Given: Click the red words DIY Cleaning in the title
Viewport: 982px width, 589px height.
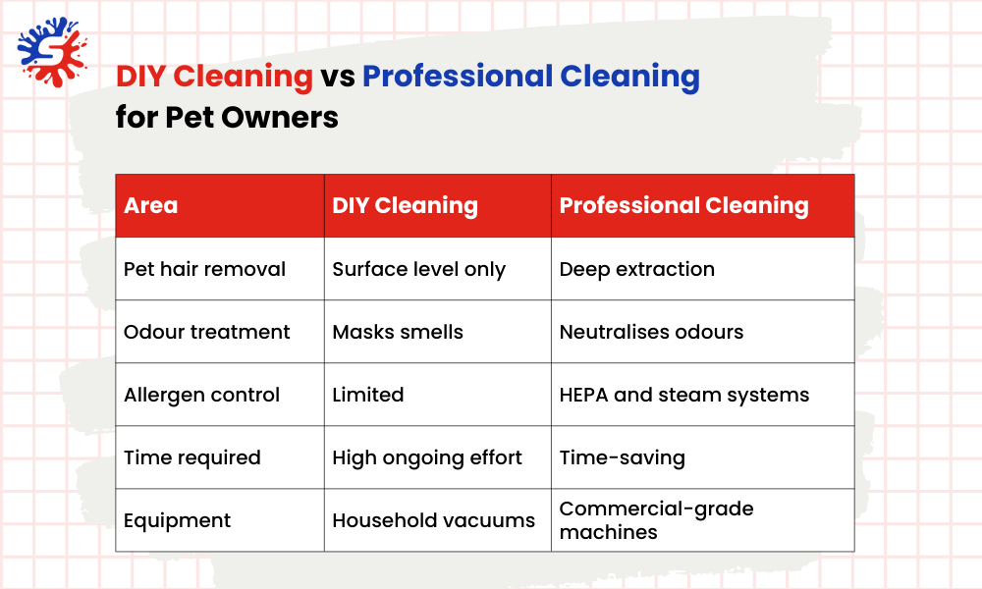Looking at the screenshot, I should pos(214,77).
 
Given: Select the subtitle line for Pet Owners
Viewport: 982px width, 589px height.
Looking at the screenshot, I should pos(227,118).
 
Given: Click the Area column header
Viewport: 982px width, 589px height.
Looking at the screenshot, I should pos(151,206).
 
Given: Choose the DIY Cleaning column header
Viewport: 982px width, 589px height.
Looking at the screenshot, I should pos(405,206).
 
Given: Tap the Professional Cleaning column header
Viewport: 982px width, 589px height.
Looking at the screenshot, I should pos(683,206).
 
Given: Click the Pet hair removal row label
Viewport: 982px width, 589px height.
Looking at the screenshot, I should pos(204,269).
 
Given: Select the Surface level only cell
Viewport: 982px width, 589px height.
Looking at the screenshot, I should pos(418,269).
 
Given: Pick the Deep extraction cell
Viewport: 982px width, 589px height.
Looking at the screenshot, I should pos(636,269).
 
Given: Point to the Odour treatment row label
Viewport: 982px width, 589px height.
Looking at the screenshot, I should pos(206,332).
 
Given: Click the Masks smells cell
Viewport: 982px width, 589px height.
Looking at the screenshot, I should pos(397,332).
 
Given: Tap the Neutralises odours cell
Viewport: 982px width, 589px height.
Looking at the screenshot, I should pos(651,332).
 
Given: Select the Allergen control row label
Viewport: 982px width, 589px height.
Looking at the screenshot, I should pos(201,395).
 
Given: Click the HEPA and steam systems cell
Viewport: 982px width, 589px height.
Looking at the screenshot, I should pos(683,395).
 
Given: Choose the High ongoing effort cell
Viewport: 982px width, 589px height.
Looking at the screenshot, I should pos(427,457).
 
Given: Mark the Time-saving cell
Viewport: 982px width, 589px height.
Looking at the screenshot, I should pos(622,457).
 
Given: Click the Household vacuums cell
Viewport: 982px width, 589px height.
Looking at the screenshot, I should pos(433,520).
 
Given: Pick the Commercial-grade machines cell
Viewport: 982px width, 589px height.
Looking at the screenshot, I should pos(656,520).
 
